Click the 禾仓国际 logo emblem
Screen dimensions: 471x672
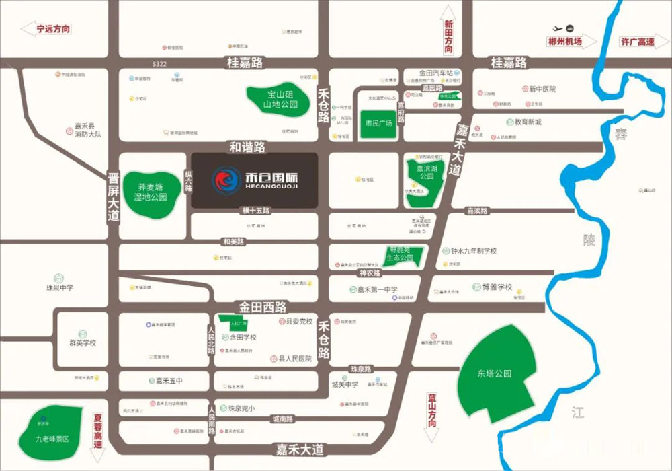pyautogui.click(x=226, y=180)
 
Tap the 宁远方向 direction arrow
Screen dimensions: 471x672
pyautogui.click(x=47, y=29)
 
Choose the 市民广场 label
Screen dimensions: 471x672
pyautogui.click(x=378, y=123)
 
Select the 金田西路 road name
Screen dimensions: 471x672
pyautogui.click(x=261, y=307)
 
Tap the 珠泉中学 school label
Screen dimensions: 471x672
pyautogui.click(x=59, y=288)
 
